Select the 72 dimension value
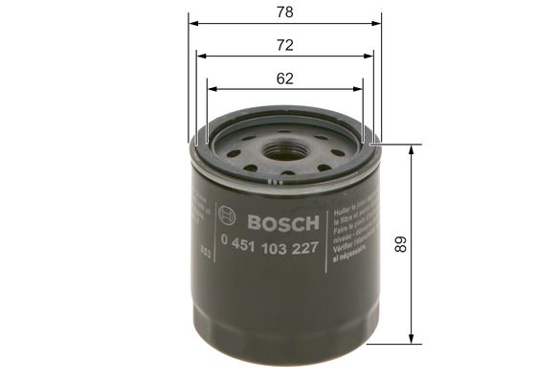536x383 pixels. [x=285, y=46]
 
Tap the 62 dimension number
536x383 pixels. [x=285, y=79]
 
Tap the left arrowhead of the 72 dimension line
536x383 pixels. [x=201, y=56]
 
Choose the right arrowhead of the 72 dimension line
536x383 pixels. [x=370, y=56]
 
